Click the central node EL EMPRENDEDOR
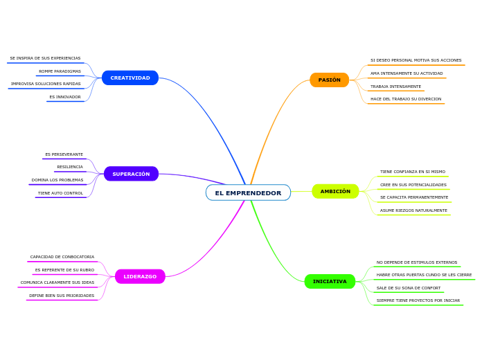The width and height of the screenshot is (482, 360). pos(248,192)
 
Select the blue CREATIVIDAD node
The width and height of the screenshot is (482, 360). pos(130,78)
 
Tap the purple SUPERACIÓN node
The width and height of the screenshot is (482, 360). pos(131,174)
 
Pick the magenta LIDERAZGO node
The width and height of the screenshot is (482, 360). pos(140,276)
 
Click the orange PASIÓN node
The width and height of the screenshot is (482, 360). pos(329,80)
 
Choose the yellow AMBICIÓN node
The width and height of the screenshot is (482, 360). pos(335,191)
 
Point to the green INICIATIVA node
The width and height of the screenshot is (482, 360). pos(330,281)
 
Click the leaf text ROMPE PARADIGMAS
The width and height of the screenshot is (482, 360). pos(60,71)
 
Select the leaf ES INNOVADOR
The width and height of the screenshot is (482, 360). pos(65,97)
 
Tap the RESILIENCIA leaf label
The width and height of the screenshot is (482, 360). pos(70,167)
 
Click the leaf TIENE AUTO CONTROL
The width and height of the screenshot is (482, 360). pos(60,193)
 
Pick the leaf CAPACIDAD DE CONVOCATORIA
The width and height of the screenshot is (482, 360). pos(62,257)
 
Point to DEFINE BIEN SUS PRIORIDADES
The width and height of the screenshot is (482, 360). pos(62,296)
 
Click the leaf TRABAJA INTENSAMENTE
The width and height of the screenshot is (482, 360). pos(395,87)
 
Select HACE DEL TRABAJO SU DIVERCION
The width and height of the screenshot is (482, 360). pos(406,99)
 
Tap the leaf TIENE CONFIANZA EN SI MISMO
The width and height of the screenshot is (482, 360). pos(413,172)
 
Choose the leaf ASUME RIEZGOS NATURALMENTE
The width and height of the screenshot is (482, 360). pos(413,210)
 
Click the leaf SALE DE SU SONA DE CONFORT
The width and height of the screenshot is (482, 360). pos(409,288)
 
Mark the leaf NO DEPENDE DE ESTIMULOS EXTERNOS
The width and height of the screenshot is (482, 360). pos(417,262)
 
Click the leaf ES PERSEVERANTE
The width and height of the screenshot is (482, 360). pos(64,154)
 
